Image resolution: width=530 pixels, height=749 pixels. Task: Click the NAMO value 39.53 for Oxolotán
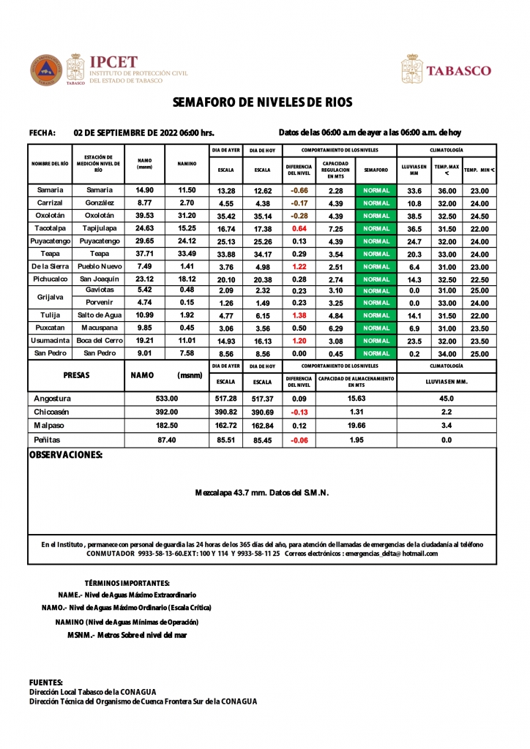tap(144, 216)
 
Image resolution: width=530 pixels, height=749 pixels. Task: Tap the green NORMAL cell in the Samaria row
tap(376, 191)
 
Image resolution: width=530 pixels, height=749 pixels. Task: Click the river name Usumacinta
tap(50, 340)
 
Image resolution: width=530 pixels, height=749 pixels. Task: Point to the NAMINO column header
tap(187, 164)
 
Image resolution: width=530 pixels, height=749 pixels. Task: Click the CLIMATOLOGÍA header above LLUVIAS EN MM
tap(446, 149)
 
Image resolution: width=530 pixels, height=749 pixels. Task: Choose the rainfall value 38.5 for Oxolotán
tap(414, 216)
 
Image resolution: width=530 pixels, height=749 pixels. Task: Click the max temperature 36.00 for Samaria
tap(447, 191)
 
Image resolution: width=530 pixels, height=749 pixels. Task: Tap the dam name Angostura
tap(53, 399)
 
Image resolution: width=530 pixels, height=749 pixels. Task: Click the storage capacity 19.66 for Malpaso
tap(357, 425)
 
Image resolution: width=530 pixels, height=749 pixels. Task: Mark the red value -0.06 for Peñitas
tap(299, 440)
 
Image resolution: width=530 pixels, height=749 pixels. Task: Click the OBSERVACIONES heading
tap(65, 455)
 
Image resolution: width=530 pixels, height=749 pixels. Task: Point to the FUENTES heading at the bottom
tap(45, 682)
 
